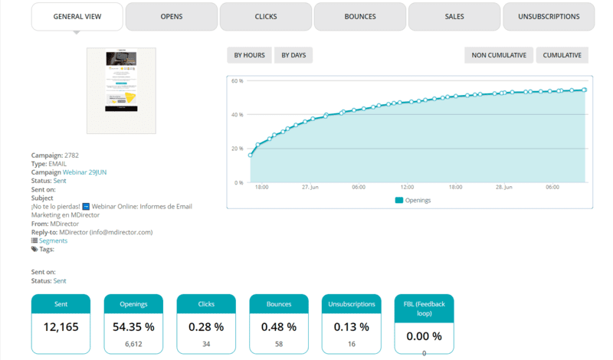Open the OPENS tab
(x=171, y=16)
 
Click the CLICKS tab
(x=266, y=16)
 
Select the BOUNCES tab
(x=360, y=16)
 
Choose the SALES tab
(x=454, y=16)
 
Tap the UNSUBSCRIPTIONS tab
(x=549, y=16)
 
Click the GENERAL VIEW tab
(x=77, y=16)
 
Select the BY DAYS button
(x=293, y=55)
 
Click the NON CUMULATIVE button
(x=499, y=55)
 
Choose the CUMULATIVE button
(x=562, y=55)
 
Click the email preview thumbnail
(x=121, y=90)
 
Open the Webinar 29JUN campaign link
(x=84, y=172)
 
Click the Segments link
(x=53, y=241)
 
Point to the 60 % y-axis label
(x=237, y=80)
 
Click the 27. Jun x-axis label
(x=310, y=187)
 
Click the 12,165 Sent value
(x=61, y=327)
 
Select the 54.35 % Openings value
(x=133, y=327)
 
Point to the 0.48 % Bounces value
(x=279, y=327)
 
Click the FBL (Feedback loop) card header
(x=424, y=308)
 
